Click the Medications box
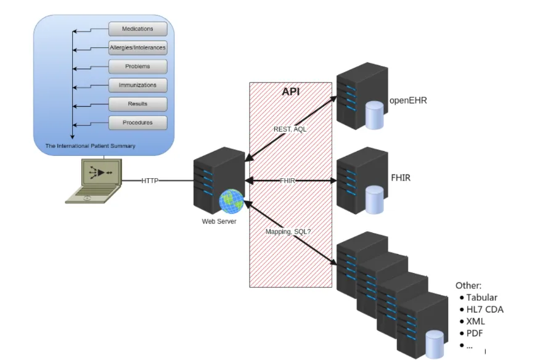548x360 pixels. click(x=138, y=29)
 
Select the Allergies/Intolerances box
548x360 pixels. click(x=138, y=47)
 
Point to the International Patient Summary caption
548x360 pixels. click(x=91, y=146)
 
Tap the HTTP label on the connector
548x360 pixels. click(x=150, y=181)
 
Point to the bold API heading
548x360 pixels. click(x=291, y=92)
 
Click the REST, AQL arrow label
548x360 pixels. click(x=290, y=129)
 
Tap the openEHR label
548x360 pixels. click(x=408, y=100)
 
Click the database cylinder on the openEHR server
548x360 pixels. click(x=374, y=116)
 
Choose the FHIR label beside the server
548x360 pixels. click(x=401, y=178)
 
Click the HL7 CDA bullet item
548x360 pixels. click(x=485, y=309)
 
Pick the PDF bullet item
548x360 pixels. click(x=475, y=333)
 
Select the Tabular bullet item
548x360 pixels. click(x=481, y=298)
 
